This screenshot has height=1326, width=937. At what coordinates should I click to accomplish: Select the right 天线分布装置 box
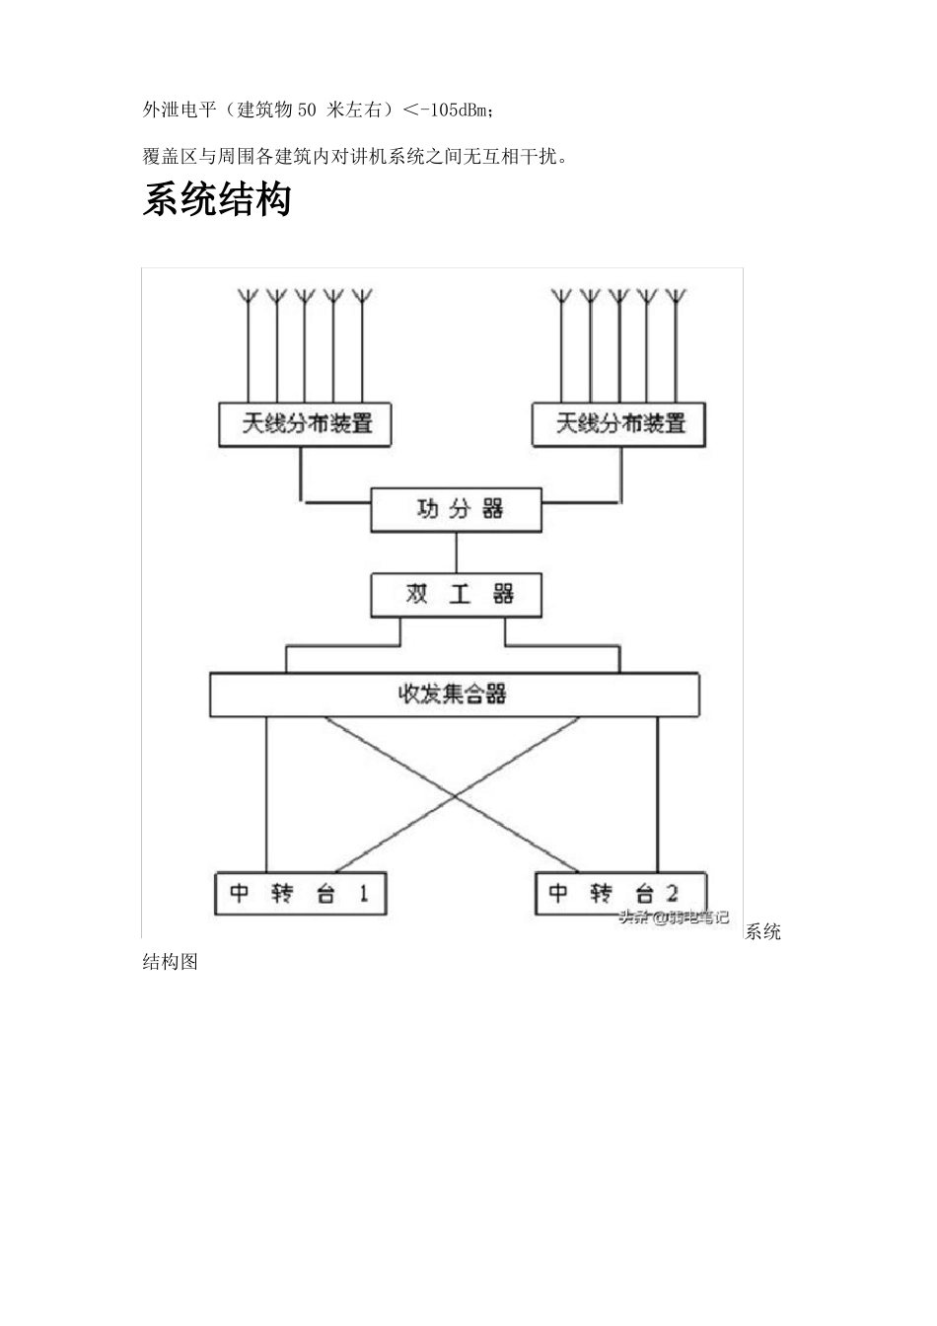click(x=618, y=424)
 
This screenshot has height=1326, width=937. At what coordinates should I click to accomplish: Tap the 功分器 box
click(x=456, y=510)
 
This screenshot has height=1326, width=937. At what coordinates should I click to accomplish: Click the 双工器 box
click(x=456, y=595)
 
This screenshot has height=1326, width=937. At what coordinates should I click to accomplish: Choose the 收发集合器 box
click(x=454, y=695)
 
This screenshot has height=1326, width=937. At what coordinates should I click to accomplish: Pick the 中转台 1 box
click(x=300, y=893)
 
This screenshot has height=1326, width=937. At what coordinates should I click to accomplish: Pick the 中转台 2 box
click(x=619, y=893)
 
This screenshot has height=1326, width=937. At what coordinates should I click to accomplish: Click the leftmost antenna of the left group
click(x=248, y=296)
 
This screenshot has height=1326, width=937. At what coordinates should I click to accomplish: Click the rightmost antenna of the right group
click(x=676, y=296)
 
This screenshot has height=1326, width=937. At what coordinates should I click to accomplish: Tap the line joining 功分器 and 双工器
click(x=456, y=552)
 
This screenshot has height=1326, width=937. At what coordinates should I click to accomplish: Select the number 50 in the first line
click(x=307, y=110)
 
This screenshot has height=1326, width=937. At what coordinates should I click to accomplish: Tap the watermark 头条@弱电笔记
click(x=674, y=918)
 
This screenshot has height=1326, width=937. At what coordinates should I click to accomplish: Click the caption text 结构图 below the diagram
click(x=171, y=961)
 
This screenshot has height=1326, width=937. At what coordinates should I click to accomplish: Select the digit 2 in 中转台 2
click(x=671, y=893)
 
